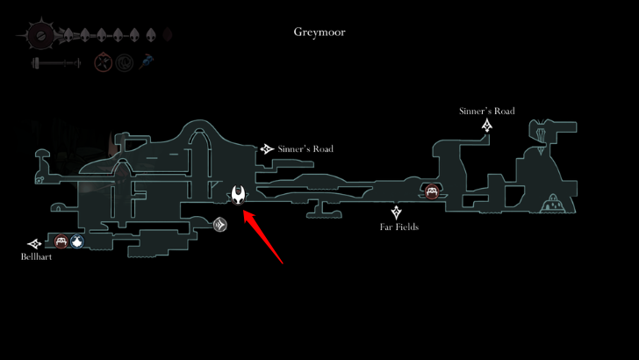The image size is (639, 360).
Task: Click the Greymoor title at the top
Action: tap(319, 32)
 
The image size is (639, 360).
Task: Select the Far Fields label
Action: tap(399, 227)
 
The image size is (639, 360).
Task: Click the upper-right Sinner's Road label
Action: tap(486, 112)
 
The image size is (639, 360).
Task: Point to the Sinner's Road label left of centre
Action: tap(305, 149)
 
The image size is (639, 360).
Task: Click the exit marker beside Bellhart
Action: tap(34, 243)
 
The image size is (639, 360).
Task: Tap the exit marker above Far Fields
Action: tap(397, 212)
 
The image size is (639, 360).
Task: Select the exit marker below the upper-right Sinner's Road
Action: tap(486, 126)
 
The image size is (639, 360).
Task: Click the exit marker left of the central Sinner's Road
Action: tap(267, 149)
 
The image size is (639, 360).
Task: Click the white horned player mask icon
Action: tap(240, 195)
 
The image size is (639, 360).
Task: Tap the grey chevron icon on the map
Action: tap(220, 225)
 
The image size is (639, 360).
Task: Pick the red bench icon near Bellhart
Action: tap(61, 242)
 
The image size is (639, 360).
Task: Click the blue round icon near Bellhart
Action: tap(77, 242)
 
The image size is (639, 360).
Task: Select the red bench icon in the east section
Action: tap(431, 192)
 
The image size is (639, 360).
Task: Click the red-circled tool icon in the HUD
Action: tap(104, 63)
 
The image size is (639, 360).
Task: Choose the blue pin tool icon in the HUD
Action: tap(148, 62)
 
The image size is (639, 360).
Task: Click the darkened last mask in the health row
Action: tap(168, 34)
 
